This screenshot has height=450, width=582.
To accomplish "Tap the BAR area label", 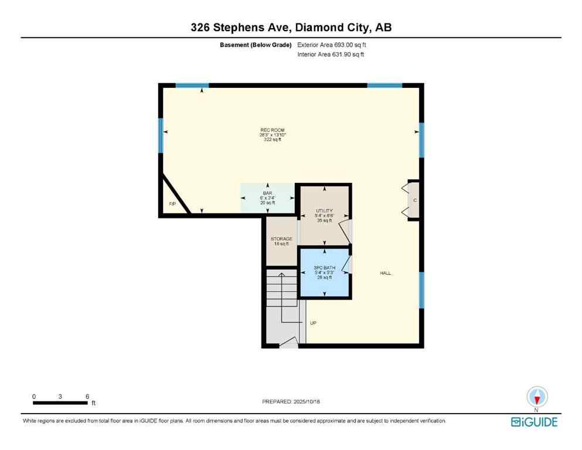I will [268, 193].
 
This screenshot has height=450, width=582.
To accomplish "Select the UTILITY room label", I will [324, 211].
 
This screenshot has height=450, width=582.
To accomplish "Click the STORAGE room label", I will [281, 239].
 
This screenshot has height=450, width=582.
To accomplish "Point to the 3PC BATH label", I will [324, 268].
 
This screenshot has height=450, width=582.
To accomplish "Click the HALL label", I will [385, 273].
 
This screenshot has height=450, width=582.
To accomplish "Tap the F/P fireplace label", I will [172, 204].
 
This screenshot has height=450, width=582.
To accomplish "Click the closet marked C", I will [414, 200].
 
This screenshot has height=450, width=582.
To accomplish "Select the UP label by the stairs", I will [312, 323].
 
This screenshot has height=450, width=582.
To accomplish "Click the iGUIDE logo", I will [534, 421].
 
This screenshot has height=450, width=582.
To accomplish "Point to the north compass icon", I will [537, 397].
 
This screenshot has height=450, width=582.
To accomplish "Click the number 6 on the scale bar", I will [87, 396].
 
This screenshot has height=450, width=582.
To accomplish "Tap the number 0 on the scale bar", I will [34, 396].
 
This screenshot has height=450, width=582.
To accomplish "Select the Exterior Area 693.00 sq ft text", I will [332, 45].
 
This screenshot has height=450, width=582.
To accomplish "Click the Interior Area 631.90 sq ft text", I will [331, 54].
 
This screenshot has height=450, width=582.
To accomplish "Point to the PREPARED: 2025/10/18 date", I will [291, 401].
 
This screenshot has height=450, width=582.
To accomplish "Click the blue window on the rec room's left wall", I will [161, 135].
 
